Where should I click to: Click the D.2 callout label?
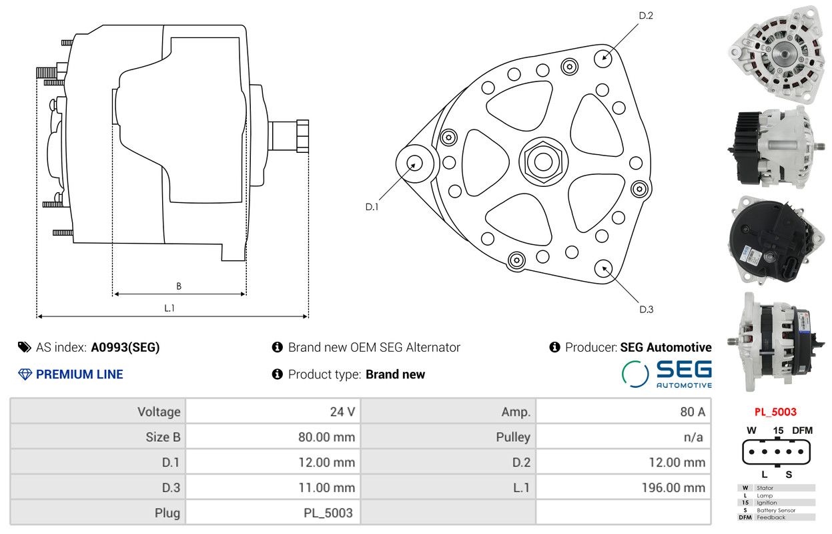646,15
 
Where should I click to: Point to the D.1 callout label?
372,207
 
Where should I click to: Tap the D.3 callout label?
647,309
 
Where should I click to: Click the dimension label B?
179,286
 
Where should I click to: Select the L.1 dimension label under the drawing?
169,308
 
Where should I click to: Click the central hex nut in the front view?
543,162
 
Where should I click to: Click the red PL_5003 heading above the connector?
775,412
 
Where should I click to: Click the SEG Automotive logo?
667,374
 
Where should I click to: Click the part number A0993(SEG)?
125,347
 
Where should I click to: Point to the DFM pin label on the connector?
802,431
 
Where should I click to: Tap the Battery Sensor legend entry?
776,510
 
